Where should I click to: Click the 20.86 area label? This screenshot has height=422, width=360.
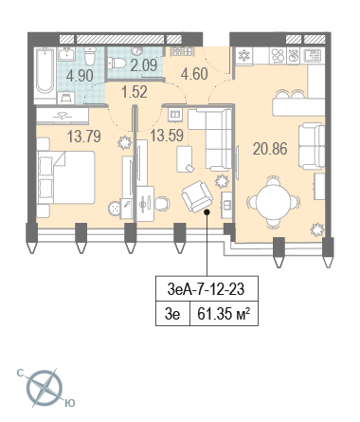coord(270,149)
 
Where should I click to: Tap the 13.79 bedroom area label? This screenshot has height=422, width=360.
coord(84,137)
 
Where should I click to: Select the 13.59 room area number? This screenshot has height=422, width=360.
coord(167,136)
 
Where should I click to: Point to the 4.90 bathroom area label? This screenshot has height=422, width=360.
coord(80,76)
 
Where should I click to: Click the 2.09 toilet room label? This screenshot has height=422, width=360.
coord(144,65)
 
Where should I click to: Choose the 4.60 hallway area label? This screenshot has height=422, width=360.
coord(194,74)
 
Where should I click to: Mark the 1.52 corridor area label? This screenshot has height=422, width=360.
coord(135,92)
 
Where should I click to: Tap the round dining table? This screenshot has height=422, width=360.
coord(273,202)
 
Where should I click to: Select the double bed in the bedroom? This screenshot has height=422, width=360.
coord(66,177)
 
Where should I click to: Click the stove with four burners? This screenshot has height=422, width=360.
coord(278,56)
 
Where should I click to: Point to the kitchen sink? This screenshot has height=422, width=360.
coord(312,56)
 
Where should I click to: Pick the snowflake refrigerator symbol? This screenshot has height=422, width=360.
coord(243,56)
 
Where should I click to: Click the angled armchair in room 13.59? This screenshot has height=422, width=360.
coord(197,196)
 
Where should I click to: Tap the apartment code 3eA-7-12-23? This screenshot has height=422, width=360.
coord(206,289)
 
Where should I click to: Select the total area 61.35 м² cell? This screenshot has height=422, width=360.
coord(224,314)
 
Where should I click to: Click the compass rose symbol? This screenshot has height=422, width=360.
coord(45,388)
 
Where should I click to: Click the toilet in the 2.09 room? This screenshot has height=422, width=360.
coord(117,63)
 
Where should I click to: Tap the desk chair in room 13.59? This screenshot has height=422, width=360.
coord(162,204)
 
